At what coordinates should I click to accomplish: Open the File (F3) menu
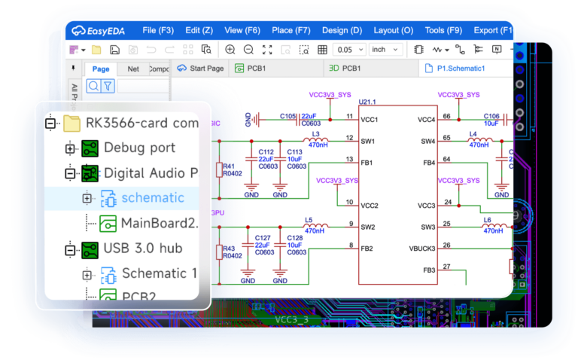[x=158, y=31]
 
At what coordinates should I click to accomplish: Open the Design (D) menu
[x=342, y=31]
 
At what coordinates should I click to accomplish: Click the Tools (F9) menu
[x=443, y=31]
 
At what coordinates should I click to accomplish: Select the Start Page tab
[x=200, y=68]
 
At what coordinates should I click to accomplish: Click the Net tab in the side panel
[x=133, y=69]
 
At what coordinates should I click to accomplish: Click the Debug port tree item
[x=139, y=148]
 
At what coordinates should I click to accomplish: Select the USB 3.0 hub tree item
[x=143, y=248]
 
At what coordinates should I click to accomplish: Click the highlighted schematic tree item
[x=153, y=197]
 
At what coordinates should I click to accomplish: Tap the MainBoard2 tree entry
[x=159, y=223]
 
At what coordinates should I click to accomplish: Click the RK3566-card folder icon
[x=71, y=123]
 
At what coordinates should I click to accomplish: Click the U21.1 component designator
[x=367, y=101]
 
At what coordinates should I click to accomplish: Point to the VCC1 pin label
[x=369, y=119]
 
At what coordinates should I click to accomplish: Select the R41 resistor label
[x=228, y=166]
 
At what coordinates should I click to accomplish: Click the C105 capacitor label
[x=287, y=117]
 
